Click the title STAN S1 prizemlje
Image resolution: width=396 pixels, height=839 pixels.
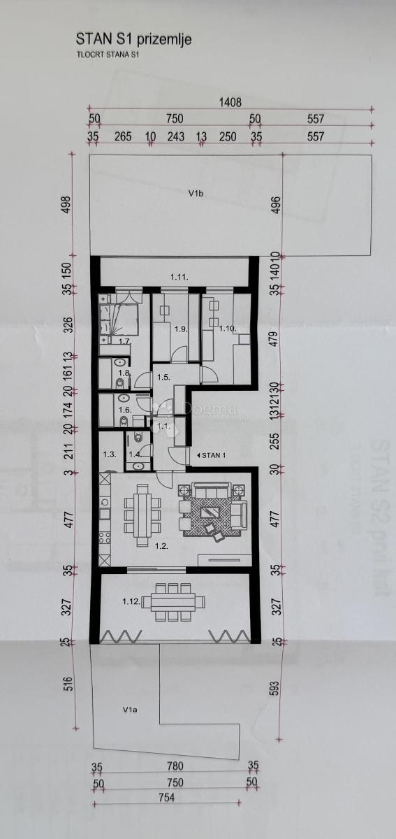click(133, 40)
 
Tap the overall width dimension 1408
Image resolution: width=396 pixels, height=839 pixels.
click(230, 102)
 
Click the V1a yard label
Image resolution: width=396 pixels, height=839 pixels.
click(129, 710)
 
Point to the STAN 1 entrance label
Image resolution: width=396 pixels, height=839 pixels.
click(213, 455)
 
